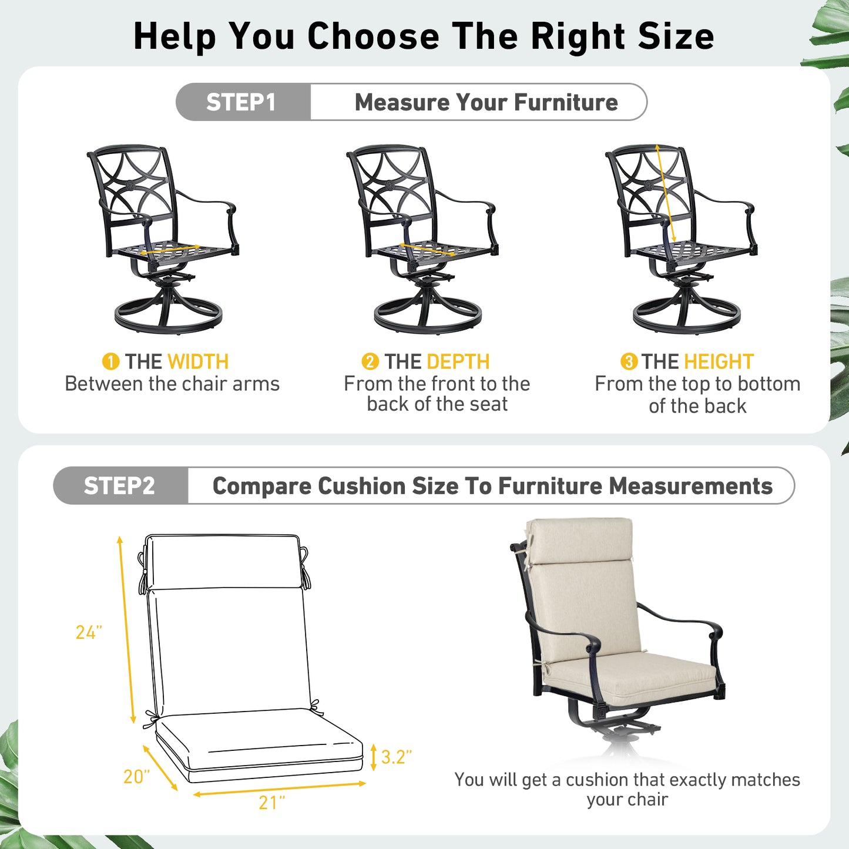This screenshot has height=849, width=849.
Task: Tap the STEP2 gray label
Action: point(120,486)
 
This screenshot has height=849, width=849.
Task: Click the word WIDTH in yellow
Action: point(198,361)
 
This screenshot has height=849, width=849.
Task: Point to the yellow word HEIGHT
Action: point(718,361)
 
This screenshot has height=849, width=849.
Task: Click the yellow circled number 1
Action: point(110,361)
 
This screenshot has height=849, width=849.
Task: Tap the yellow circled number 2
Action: point(370,361)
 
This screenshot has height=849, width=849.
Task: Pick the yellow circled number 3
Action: point(629,361)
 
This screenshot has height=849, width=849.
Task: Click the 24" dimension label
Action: point(89,632)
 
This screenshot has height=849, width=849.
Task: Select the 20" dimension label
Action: point(136,777)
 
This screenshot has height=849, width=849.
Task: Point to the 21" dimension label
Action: point(271,803)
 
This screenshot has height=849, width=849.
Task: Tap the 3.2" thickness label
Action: point(396,757)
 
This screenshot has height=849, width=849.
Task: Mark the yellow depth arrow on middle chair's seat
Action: point(427,249)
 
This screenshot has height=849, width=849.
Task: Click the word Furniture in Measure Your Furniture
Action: point(566,102)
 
